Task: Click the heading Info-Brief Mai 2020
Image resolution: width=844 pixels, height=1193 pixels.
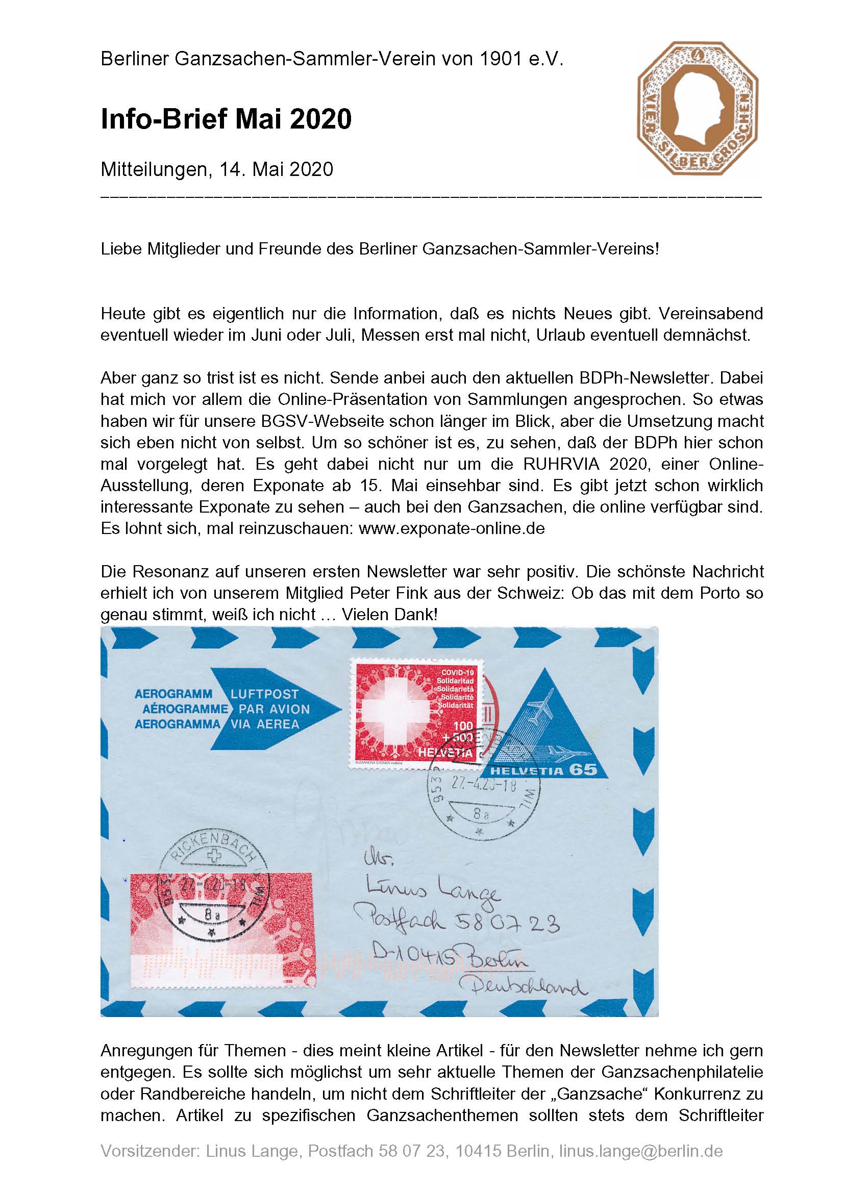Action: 226,119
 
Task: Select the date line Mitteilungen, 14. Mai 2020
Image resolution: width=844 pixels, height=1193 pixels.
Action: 217,169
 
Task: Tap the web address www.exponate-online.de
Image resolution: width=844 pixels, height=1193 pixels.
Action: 452,528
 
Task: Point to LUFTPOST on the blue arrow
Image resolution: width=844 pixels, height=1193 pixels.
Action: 264,694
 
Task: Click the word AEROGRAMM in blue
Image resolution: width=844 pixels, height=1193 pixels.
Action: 173,694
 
